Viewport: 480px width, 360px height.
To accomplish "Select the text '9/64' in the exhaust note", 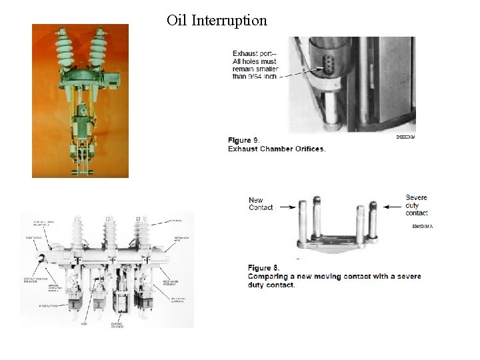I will tap(255, 76).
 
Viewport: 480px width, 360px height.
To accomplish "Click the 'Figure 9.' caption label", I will tap(243, 140).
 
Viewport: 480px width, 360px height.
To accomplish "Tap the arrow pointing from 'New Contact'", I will tap(287, 207).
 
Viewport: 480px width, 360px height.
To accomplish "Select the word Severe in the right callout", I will tap(417, 197).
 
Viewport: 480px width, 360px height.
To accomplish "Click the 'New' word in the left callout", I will tap(256, 200).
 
